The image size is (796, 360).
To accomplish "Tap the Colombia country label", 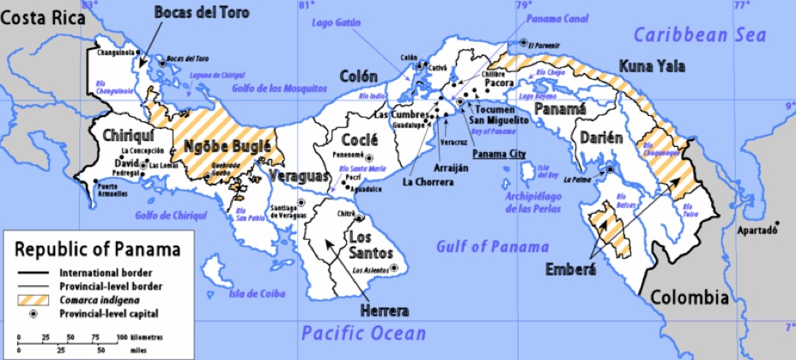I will [690, 298].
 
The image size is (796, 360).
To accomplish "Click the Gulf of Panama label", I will [492, 247].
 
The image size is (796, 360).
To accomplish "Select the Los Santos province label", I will [371, 245].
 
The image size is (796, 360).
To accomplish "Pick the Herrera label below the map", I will [385, 309].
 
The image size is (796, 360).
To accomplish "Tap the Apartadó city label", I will [756, 231].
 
